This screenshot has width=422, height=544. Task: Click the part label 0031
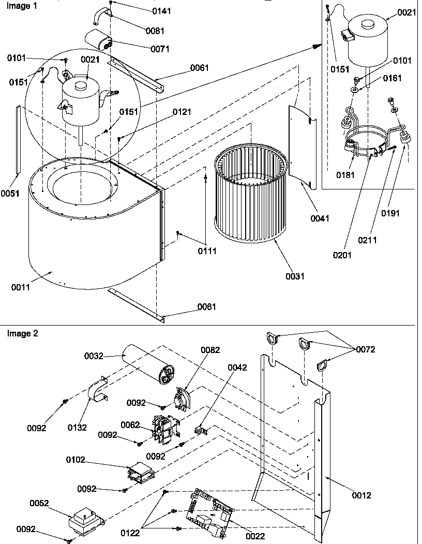pyautogui.click(x=295, y=276)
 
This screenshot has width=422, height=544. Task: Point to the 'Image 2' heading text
pyautogui.click(x=22, y=333)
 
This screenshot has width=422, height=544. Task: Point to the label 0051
pyautogui.click(x=10, y=194)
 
